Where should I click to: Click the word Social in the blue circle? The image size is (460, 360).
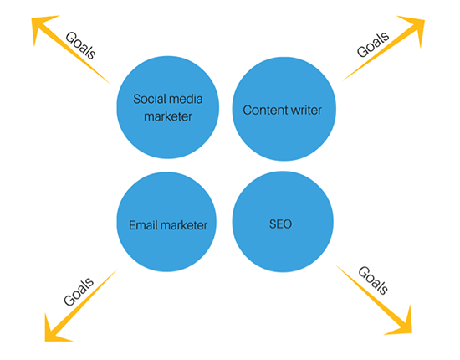point(147,99)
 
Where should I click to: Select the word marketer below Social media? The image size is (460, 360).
point(168,116)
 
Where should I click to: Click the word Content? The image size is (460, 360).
point(262,111)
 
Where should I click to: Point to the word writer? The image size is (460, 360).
point(302,111)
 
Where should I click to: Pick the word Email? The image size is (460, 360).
point(144,225)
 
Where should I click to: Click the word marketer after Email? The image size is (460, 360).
point(184,225)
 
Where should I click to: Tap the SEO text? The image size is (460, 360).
point(280,224)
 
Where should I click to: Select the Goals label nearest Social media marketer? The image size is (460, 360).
point(80,45)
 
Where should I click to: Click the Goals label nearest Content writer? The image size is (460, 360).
point(373,44)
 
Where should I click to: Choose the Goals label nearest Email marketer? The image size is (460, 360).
point(79,291)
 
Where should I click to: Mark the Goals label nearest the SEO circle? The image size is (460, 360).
point(373,280)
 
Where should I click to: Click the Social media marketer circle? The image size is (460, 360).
point(168,107)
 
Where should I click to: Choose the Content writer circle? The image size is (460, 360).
point(284,109)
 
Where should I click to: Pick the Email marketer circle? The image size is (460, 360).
point(166,222)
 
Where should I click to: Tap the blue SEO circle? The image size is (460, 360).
point(283,222)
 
